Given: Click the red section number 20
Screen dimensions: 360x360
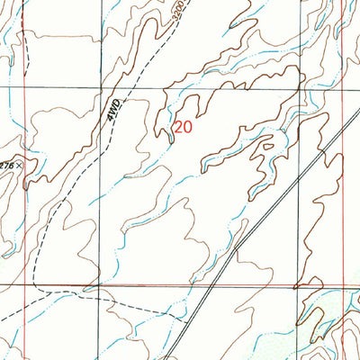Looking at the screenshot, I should [x=183, y=128].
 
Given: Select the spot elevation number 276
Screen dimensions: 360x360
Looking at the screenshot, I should [x=6, y=166].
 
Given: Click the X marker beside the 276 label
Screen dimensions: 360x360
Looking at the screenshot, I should [x=18, y=166].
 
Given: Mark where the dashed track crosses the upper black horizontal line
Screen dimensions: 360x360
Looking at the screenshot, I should [x=133, y=88].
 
